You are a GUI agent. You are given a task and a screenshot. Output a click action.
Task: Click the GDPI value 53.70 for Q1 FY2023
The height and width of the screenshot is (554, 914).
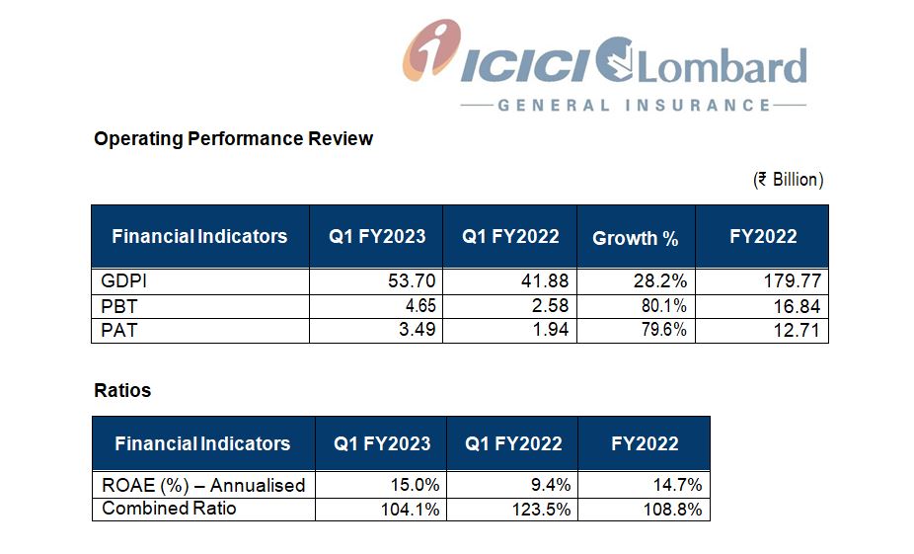click(412, 281)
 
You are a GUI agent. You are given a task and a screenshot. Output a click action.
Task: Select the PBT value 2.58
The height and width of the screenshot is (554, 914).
click(550, 305)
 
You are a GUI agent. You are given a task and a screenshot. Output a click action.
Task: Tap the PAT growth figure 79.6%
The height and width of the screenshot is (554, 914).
click(664, 330)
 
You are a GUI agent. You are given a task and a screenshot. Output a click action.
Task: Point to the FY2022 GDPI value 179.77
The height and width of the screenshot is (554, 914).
click(793, 281)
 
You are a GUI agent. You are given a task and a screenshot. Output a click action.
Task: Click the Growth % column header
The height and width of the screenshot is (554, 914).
click(636, 238)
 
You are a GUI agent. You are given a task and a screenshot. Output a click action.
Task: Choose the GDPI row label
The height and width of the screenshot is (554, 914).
click(123, 281)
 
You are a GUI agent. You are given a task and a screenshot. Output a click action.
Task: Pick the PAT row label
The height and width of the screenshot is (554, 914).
click(118, 330)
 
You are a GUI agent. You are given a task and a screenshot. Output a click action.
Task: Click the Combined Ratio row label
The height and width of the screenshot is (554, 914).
click(169, 508)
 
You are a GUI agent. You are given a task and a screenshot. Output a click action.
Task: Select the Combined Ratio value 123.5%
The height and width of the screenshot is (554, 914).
click(541, 510)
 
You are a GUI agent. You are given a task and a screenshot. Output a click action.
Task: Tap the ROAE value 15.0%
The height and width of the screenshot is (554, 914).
click(415, 485)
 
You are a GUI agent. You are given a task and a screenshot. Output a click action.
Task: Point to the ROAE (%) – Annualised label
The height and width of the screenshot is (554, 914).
click(203, 485)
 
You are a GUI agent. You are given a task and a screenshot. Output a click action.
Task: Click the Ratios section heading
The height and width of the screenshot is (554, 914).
click(122, 390)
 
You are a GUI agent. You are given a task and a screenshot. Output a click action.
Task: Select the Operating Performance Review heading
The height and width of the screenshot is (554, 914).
click(233, 139)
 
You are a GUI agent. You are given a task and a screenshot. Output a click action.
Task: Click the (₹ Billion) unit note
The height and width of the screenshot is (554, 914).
click(788, 180)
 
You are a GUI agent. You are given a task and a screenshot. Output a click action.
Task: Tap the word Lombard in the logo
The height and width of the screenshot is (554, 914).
click(723, 66)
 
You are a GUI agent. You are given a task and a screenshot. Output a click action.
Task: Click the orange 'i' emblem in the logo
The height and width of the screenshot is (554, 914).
click(432, 50)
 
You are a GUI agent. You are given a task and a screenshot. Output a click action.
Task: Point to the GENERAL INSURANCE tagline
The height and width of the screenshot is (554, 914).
click(634, 106)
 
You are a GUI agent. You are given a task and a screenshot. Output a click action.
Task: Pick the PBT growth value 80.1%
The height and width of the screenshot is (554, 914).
click(664, 305)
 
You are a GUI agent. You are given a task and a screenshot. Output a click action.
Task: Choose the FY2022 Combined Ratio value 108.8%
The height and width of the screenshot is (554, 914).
click(673, 510)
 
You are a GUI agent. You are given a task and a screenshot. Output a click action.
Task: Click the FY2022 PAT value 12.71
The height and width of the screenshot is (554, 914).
click(797, 330)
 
